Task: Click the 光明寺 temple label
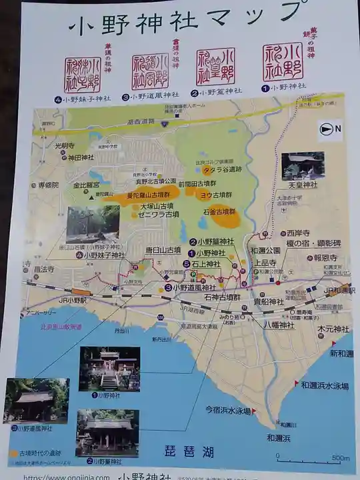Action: point(66,146)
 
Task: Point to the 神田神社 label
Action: point(79,157)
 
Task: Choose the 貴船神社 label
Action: point(268,301)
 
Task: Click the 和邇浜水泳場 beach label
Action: point(322,385)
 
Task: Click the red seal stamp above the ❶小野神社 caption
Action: point(283,62)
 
